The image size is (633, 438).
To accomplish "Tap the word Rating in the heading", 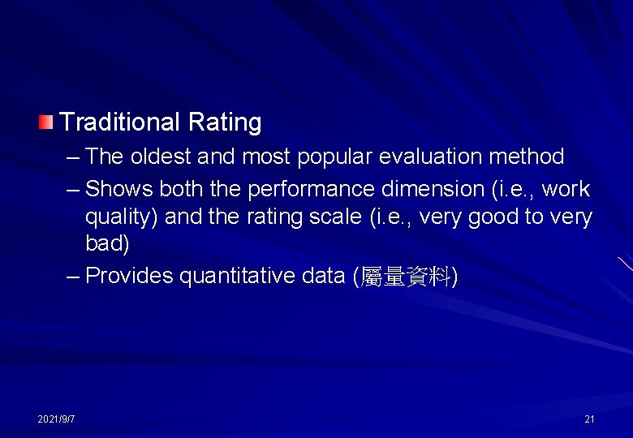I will pyautogui.click(x=225, y=123).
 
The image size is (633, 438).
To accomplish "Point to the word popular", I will pyautogui.click(x=335, y=157).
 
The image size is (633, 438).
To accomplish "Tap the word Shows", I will pyautogui.click(x=118, y=189).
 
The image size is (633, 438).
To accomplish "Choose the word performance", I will pyautogui.click(x=312, y=190).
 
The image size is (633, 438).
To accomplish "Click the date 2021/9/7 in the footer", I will pyautogui.click(x=56, y=419).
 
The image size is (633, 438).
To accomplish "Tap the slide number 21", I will pyautogui.click(x=589, y=419).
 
